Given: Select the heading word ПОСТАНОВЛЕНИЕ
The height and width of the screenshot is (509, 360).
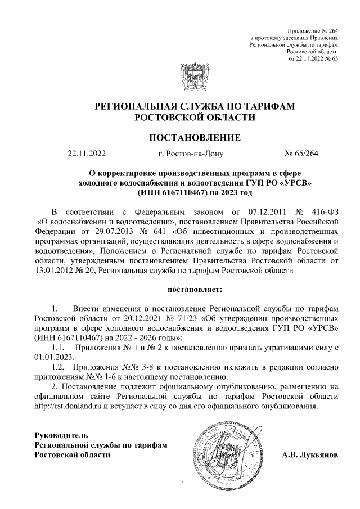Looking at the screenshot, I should point(194,137).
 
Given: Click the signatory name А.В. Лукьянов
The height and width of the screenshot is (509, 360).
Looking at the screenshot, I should point(309,454).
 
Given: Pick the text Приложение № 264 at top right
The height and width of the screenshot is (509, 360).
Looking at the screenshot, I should point(312,30).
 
